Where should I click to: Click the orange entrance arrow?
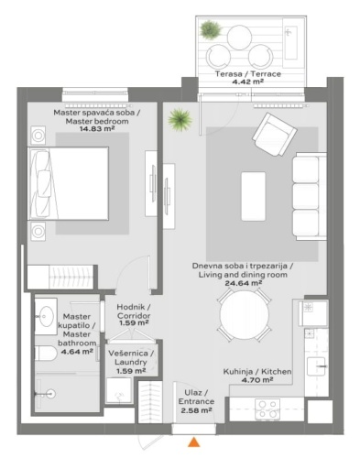click(193, 442)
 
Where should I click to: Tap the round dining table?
click(245, 314)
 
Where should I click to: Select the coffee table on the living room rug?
click(253, 196)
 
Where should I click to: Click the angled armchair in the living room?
click(275, 135)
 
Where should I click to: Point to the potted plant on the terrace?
click(211, 29)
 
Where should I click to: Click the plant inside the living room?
click(180, 120)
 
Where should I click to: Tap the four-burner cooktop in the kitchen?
click(267, 409)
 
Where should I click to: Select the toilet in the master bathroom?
click(45, 354)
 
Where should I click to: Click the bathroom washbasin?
click(46, 316)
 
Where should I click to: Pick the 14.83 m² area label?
click(97, 129)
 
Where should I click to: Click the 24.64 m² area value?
click(244, 283)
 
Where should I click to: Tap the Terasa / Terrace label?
click(248, 74)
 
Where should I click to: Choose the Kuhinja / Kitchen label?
click(257, 372)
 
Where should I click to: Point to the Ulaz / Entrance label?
click(196, 397)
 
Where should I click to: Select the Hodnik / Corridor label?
click(134, 311)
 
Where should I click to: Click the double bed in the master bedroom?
click(68, 183)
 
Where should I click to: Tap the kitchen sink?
click(317, 366)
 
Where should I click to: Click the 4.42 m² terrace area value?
click(247, 82)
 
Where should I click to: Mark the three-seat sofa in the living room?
click(310, 196)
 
